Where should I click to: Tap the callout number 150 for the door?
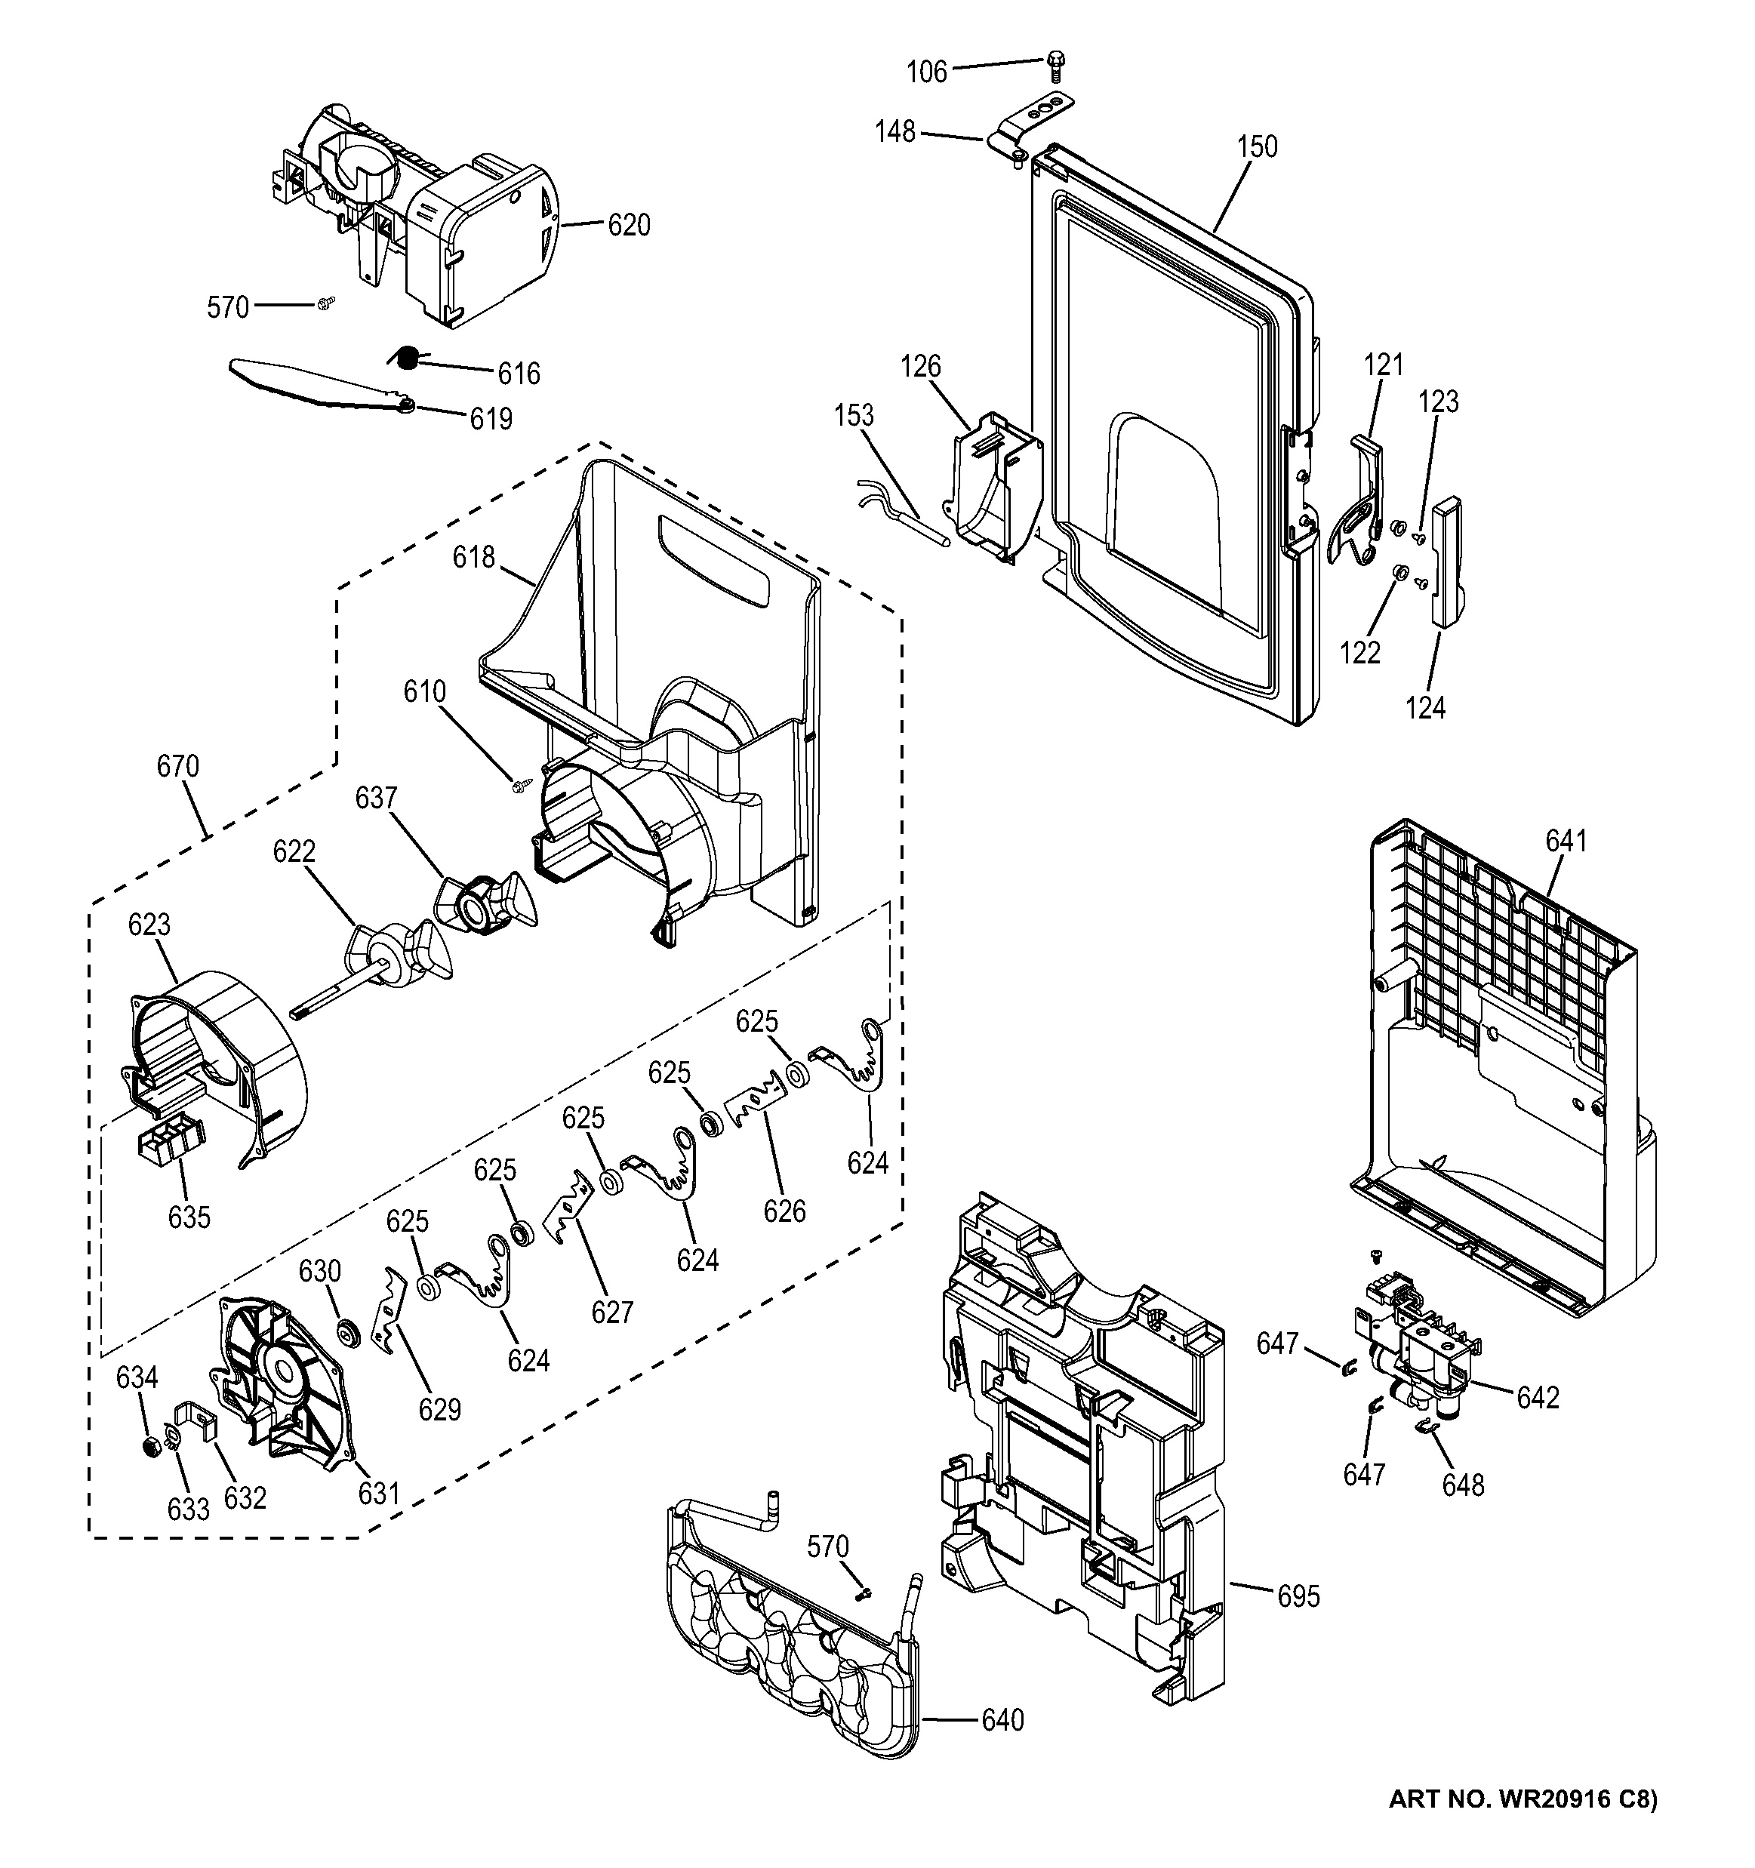click(x=1256, y=147)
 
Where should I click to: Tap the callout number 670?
click(x=177, y=767)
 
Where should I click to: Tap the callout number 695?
click(x=1298, y=1596)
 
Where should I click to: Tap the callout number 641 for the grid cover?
click(x=1566, y=841)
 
